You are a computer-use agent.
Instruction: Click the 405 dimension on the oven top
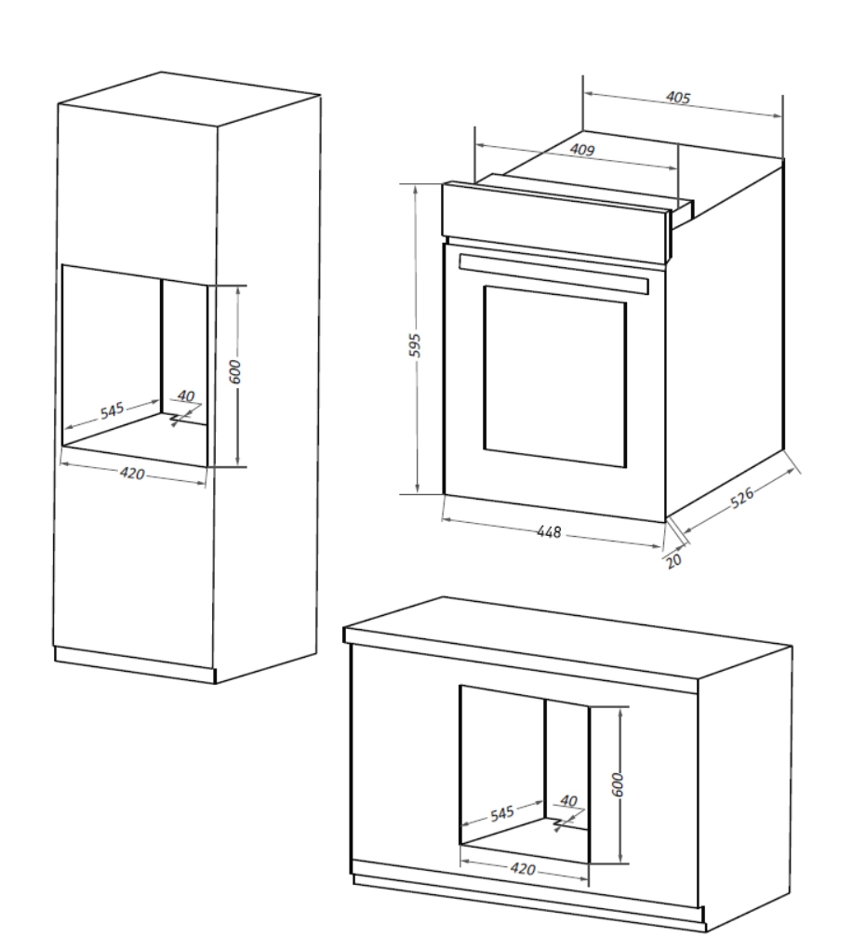(x=679, y=96)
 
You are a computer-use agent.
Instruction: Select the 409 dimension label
(x=582, y=150)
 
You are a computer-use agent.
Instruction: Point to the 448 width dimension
(x=550, y=532)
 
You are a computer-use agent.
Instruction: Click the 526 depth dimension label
(x=741, y=499)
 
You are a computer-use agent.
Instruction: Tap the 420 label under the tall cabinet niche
(x=132, y=474)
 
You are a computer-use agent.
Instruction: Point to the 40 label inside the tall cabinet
(x=186, y=397)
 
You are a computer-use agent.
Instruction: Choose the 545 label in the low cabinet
(x=502, y=814)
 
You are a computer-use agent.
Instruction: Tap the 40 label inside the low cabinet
(x=569, y=801)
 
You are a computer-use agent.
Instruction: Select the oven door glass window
(x=555, y=377)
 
